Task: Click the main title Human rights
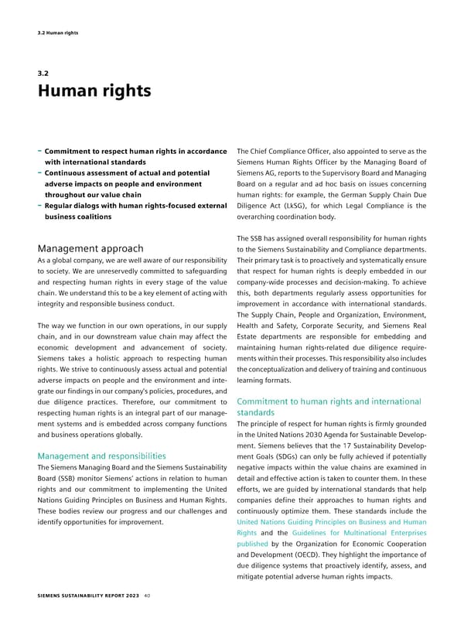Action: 94,91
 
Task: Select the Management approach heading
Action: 90,248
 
